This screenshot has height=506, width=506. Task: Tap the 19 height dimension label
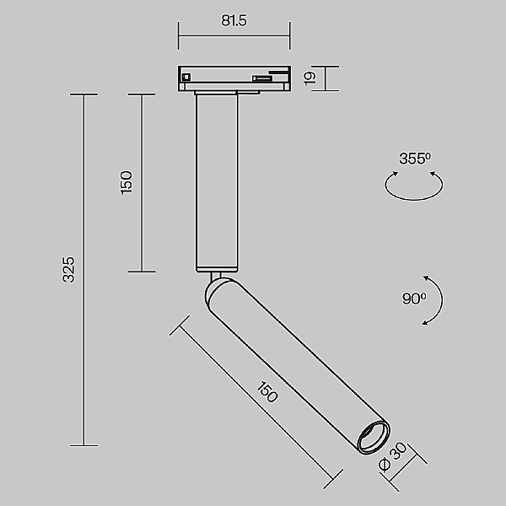point(310,78)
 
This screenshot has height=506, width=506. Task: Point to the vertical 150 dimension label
point(126,182)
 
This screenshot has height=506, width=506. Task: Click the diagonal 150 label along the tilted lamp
point(266,393)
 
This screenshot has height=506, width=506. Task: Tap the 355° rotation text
point(414,159)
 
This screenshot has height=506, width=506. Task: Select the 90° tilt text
point(414,298)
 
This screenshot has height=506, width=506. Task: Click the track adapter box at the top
point(234,78)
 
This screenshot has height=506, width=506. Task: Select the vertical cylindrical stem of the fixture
point(217,181)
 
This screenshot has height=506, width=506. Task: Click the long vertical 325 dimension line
point(83,270)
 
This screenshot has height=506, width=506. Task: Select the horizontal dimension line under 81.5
point(234,35)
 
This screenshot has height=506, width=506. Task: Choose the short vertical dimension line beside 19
point(325,78)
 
